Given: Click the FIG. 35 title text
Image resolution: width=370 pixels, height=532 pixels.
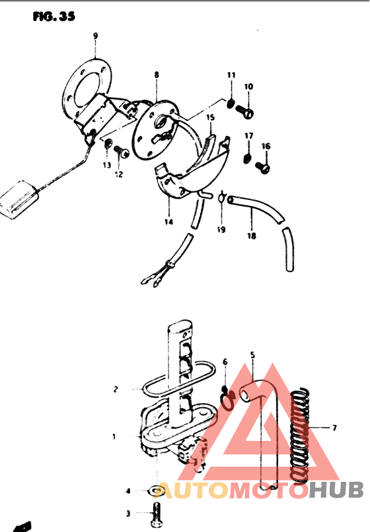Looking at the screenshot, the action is tap(54, 16).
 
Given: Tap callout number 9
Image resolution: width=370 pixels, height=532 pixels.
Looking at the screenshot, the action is tap(95, 36).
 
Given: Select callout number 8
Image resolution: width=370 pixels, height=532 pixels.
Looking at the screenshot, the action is tap(157, 75).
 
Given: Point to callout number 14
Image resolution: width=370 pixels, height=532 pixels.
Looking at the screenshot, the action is tap(169, 222).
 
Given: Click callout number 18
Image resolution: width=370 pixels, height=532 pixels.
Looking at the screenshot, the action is tap(252, 236).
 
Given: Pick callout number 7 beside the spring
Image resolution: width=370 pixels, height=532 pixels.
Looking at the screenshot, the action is tap(335, 428).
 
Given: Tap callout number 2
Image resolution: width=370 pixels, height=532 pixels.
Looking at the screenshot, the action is tap(116, 389).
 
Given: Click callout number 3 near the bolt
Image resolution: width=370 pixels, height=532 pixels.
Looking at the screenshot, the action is tap(128, 514).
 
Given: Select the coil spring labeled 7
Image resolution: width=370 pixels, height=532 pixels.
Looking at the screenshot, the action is tap(300, 436).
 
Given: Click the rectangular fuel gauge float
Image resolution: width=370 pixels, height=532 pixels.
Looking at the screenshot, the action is tap(18, 199).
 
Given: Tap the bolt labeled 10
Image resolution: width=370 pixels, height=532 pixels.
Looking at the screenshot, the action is tap(245, 112).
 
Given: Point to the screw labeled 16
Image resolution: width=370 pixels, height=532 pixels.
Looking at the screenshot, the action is tap(263, 167).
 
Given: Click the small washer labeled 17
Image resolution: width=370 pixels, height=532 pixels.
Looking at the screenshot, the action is tap(248, 158).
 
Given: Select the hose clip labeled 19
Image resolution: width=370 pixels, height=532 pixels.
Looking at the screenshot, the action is tap(222, 197).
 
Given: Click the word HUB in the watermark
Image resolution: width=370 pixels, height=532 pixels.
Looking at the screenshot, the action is tap(336, 490).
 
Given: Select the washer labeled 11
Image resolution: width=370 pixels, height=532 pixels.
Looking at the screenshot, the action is tap(231, 103).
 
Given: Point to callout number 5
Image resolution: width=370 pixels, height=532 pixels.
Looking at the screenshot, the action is tap(252, 355).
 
